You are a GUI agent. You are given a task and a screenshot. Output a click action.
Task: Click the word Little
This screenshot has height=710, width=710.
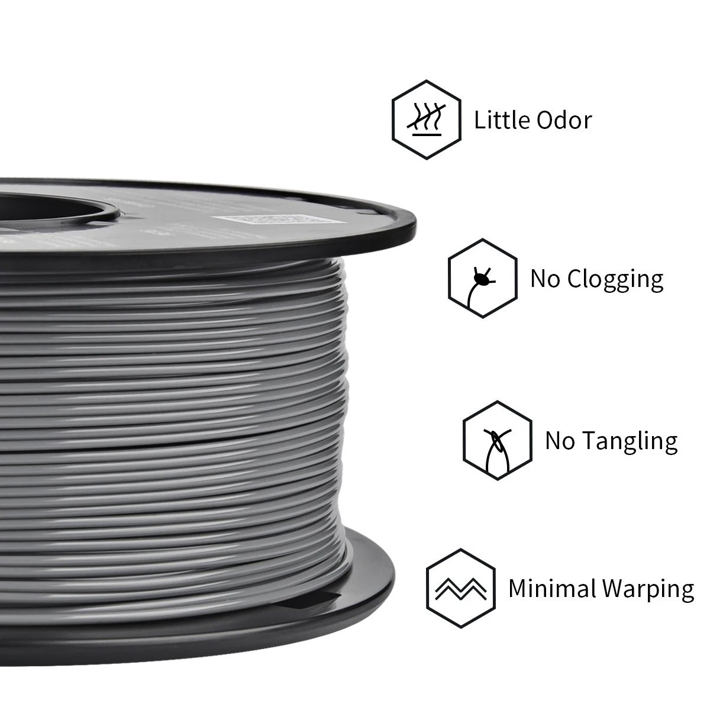501,120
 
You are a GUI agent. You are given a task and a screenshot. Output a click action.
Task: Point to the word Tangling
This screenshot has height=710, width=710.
630,441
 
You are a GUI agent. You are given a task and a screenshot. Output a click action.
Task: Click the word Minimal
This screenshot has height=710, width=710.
552,589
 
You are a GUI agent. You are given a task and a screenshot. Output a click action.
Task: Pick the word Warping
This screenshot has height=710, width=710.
648,590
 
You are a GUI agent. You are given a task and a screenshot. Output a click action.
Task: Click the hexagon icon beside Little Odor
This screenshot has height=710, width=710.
426,120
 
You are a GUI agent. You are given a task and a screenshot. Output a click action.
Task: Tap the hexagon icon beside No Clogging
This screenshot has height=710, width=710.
482,278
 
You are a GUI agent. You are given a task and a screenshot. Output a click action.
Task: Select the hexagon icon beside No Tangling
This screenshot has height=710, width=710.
497,440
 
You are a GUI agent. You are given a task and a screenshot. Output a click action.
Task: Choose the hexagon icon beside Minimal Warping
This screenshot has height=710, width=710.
460,588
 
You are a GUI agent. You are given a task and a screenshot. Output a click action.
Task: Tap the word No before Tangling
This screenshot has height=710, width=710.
560,441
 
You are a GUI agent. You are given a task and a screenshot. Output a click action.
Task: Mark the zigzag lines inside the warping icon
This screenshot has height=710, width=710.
460,589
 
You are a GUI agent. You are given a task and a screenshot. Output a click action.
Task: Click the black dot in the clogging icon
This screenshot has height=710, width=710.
480,278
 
